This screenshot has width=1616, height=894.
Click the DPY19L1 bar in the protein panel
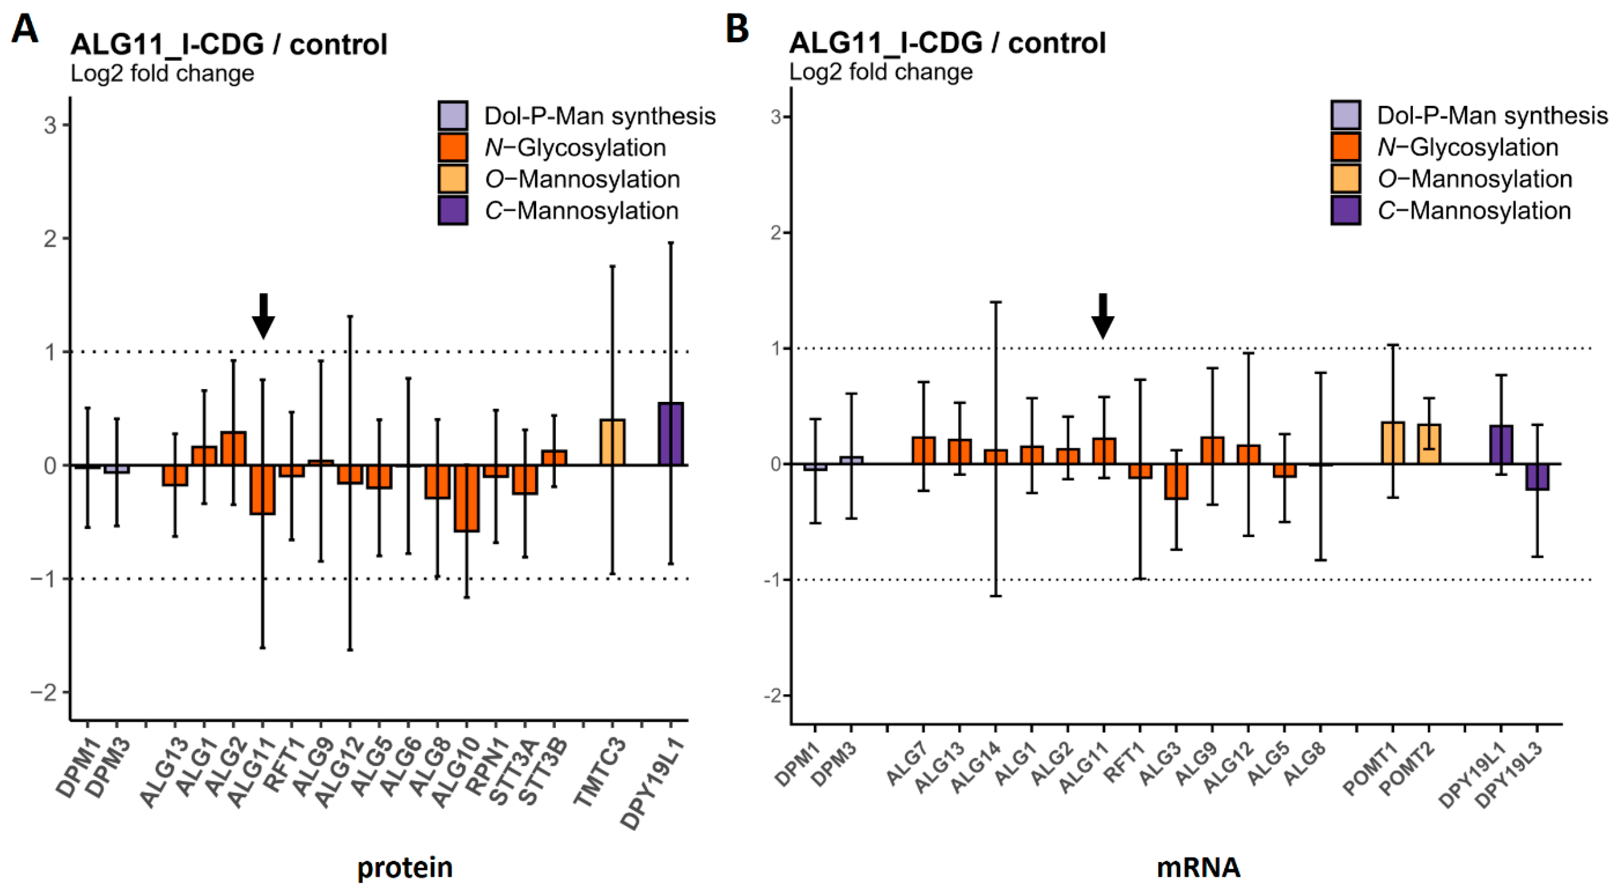coord(670,434)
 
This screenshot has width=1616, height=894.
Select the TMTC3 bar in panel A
coord(612,442)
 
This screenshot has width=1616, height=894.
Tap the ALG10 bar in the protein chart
coord(467,498)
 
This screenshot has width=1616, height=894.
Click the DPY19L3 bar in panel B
coord(1537,477)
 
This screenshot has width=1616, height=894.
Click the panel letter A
coord(25,29)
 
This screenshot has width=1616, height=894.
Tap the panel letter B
coord(737,29)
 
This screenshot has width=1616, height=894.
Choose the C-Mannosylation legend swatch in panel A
coord(453,211)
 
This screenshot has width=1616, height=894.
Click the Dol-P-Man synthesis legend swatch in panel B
coord(1345,116)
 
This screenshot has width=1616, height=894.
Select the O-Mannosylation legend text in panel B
coord(1474,179)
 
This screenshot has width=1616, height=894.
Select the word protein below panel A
coord(404,868)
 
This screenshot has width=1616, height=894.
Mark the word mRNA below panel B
coord(1198,868)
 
